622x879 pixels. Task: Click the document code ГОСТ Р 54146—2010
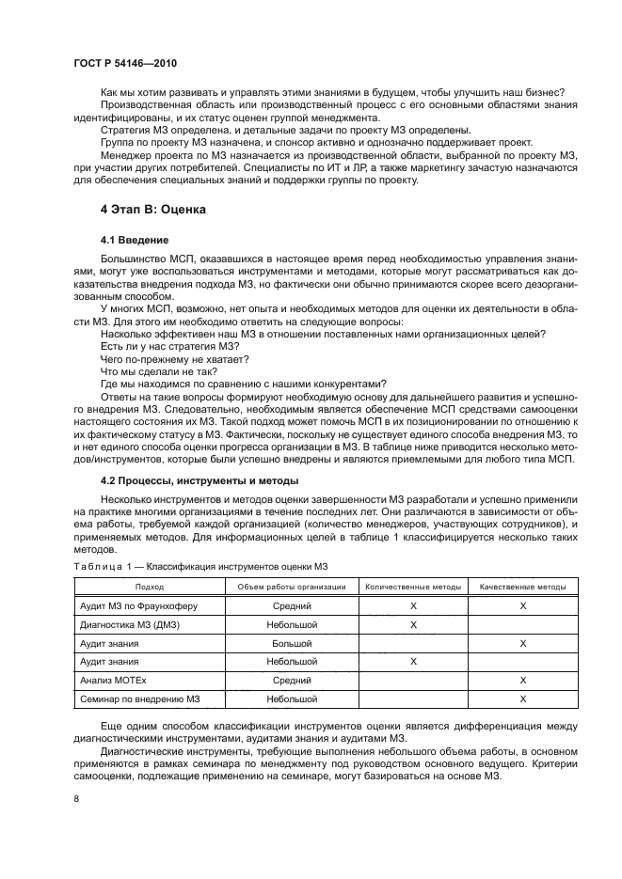click(x=125, y=63)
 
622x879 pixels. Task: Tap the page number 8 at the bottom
click(x=76, y=797)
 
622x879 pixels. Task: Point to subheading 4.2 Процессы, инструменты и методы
click(x=193, y=481)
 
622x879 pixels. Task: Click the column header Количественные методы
click(x=413, y=587)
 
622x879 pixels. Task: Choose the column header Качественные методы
click(x=522, y=587)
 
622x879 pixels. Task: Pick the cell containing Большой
click(x=292, y=644)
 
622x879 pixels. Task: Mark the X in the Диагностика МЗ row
click(x=413, y=625)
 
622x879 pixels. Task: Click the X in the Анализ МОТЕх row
click(x=522, y=681)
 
